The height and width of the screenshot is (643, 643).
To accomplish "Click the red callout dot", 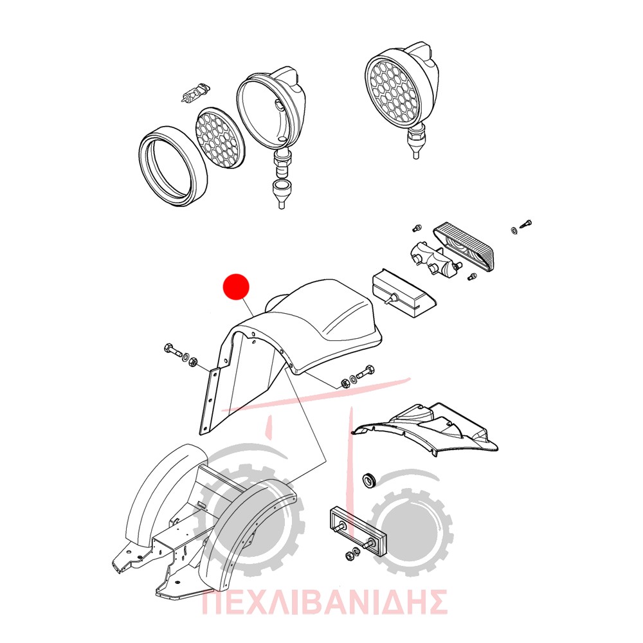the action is (x=236, y=287).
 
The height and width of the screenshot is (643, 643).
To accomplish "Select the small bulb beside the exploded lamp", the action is (x=195, y=93).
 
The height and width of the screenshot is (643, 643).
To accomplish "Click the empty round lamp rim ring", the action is (x=172, y=166).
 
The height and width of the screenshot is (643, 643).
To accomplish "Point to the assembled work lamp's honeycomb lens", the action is (x=394, y=91).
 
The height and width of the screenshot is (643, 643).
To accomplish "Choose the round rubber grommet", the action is (x=370, y=480).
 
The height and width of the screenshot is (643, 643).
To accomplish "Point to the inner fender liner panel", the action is (x=426, y=428).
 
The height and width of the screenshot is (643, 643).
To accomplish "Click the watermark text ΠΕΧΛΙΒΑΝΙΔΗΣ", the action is (x=325, y=602).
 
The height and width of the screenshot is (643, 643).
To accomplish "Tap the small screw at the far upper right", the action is (x=526, y=224).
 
